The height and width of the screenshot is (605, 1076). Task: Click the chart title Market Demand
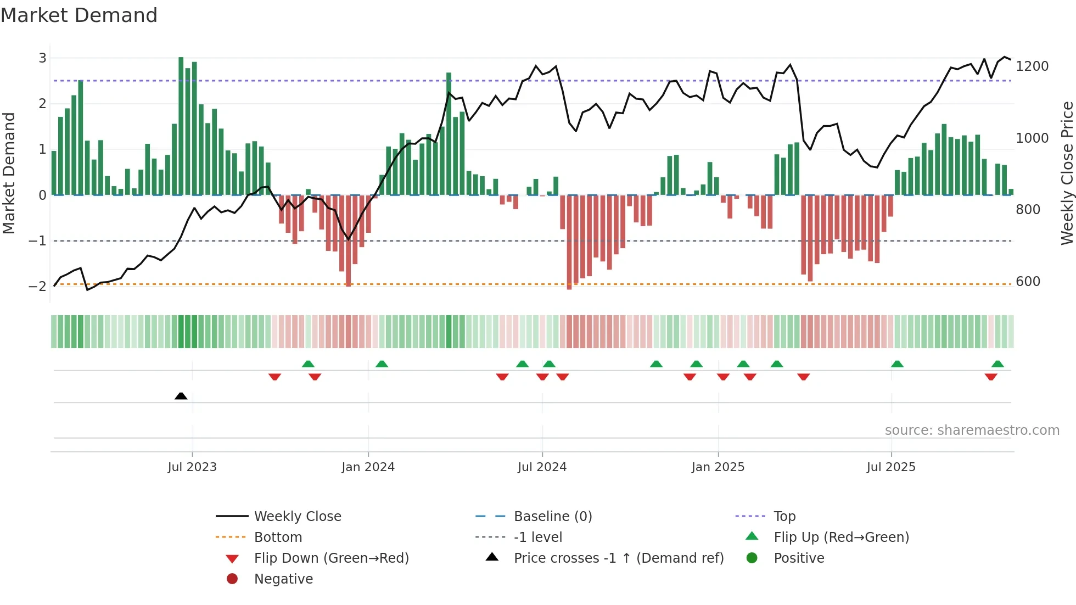79,15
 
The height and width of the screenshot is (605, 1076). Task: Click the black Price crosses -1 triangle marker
181,396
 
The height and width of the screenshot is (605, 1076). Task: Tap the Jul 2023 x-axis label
192,467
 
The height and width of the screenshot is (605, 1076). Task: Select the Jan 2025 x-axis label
718,467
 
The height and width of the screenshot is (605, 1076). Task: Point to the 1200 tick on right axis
1032,66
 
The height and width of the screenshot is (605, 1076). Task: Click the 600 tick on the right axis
1028,282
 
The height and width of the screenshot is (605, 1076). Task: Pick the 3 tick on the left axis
42,58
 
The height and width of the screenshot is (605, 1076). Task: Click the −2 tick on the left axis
38,287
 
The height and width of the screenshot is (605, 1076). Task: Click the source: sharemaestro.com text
972,430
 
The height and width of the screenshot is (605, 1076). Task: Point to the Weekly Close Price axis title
1067,173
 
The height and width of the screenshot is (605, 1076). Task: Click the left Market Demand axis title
9,173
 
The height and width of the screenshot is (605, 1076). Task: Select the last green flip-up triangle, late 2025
997,364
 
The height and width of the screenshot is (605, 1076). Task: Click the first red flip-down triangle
274,377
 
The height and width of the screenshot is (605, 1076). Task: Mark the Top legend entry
784,517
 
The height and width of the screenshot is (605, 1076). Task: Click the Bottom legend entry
278,537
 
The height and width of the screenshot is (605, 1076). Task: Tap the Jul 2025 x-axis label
891,467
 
